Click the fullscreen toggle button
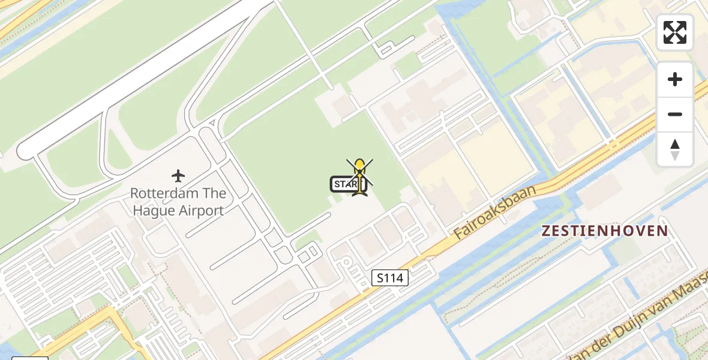[x=675, y=32]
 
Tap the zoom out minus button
[x=675, y=114]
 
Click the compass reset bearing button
[x=675, y=149]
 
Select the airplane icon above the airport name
[x=178, y=176]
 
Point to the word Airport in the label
[x=197, y=211]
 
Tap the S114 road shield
[x=390, y=278]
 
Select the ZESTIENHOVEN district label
[x=605, y=231]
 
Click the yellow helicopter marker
[x=359, y=175]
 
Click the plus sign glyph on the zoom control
[x=675, y=79]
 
